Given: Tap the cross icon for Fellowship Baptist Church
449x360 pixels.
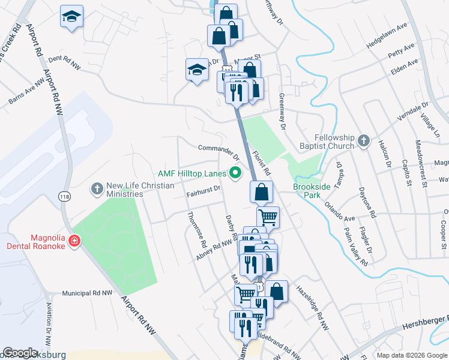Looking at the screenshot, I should [x=363, y=142].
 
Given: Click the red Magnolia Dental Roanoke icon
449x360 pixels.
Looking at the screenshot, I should [x=74, y=241].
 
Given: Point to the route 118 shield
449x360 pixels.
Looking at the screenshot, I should [x=64, y=196].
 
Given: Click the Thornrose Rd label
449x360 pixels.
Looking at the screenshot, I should [x=197, y=231].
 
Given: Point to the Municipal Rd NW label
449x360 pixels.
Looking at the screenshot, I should [x=88, y=293].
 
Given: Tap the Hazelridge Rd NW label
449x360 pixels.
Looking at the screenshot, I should [x=312, y=308].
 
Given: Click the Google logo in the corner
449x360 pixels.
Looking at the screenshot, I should [x=20, y=353].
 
